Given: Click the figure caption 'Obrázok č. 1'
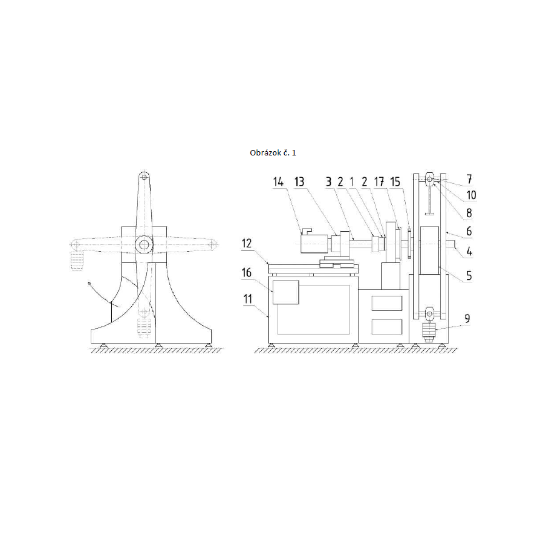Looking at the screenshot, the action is click(273, 153).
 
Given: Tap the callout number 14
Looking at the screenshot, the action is click(278, 181).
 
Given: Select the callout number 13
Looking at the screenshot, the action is click(299, 181).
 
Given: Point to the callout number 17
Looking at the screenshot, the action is click(379, 181).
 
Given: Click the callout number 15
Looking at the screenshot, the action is click(395, 181).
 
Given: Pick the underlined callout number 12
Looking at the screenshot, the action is click(247, 243).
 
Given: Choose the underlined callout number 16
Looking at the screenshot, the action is click(247, 273).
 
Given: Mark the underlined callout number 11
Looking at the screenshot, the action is click(248, 299).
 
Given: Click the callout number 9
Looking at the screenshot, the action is click(467, 319).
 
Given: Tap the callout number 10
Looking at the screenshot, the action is click(471, 195).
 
